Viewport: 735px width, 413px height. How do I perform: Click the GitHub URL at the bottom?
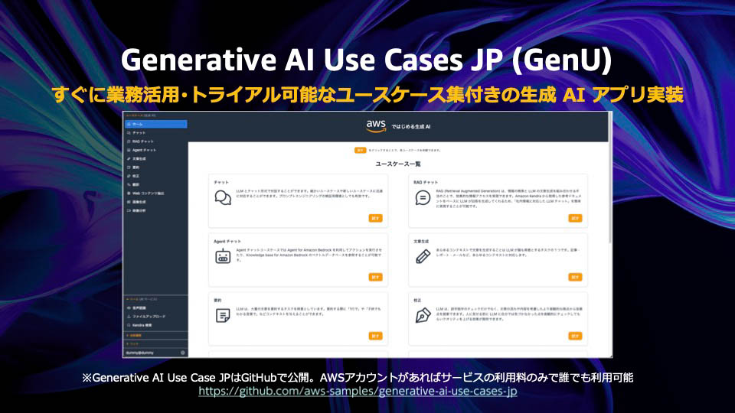[358, 391]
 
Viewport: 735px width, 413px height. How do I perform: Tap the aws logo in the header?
[375, 125]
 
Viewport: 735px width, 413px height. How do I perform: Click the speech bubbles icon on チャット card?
[223, 198]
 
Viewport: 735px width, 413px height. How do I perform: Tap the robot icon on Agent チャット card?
[223, 257]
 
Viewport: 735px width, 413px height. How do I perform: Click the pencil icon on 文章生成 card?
[423, 257]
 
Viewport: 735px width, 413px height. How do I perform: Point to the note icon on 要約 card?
[223, 315]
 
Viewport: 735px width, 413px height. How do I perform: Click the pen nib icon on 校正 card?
[423, 315]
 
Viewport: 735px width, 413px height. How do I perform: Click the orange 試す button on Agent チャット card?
[375, 277]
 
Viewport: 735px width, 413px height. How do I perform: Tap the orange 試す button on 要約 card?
[375, 336]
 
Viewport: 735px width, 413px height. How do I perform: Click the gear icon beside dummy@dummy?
[182, 353]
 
